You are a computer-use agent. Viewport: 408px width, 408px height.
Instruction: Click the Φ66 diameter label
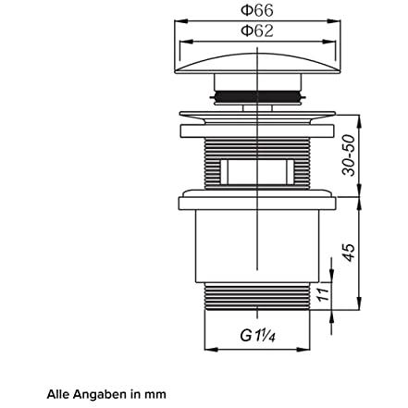pyautogui.click(x=257, y=10)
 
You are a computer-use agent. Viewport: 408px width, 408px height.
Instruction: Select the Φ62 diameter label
pyautogui.click(x=257, y=31)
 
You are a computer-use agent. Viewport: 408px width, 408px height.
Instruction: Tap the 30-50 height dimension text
pyautogui.click(x=349, y=155)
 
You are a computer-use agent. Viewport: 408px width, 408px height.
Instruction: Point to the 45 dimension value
pyautogui.click(x=349, y=253)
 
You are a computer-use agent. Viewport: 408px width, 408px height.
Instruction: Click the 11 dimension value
pyautogui.click(x=323, y=295)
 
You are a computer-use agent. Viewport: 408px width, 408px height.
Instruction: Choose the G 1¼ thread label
pyautogui.click(x=257, y=336)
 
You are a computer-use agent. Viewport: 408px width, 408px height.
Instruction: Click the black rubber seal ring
pyautogui.click(x=257, y=96)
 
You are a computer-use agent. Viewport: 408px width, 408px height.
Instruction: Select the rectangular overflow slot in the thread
pyautogui.click(x=257, y=172)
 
